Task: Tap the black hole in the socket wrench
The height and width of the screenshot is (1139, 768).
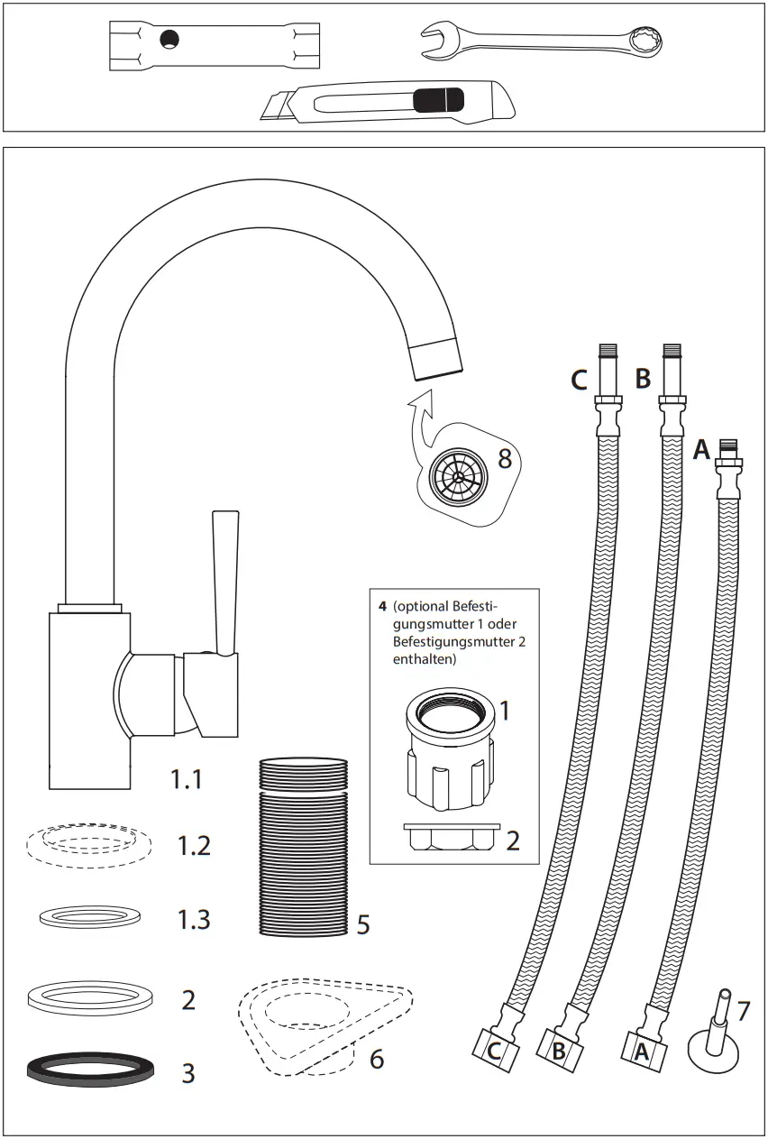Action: tap(169, 38)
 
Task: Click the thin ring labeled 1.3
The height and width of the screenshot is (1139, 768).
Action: tap(89, 916)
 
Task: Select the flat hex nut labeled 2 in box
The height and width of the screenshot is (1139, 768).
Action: tap(448, 838)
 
